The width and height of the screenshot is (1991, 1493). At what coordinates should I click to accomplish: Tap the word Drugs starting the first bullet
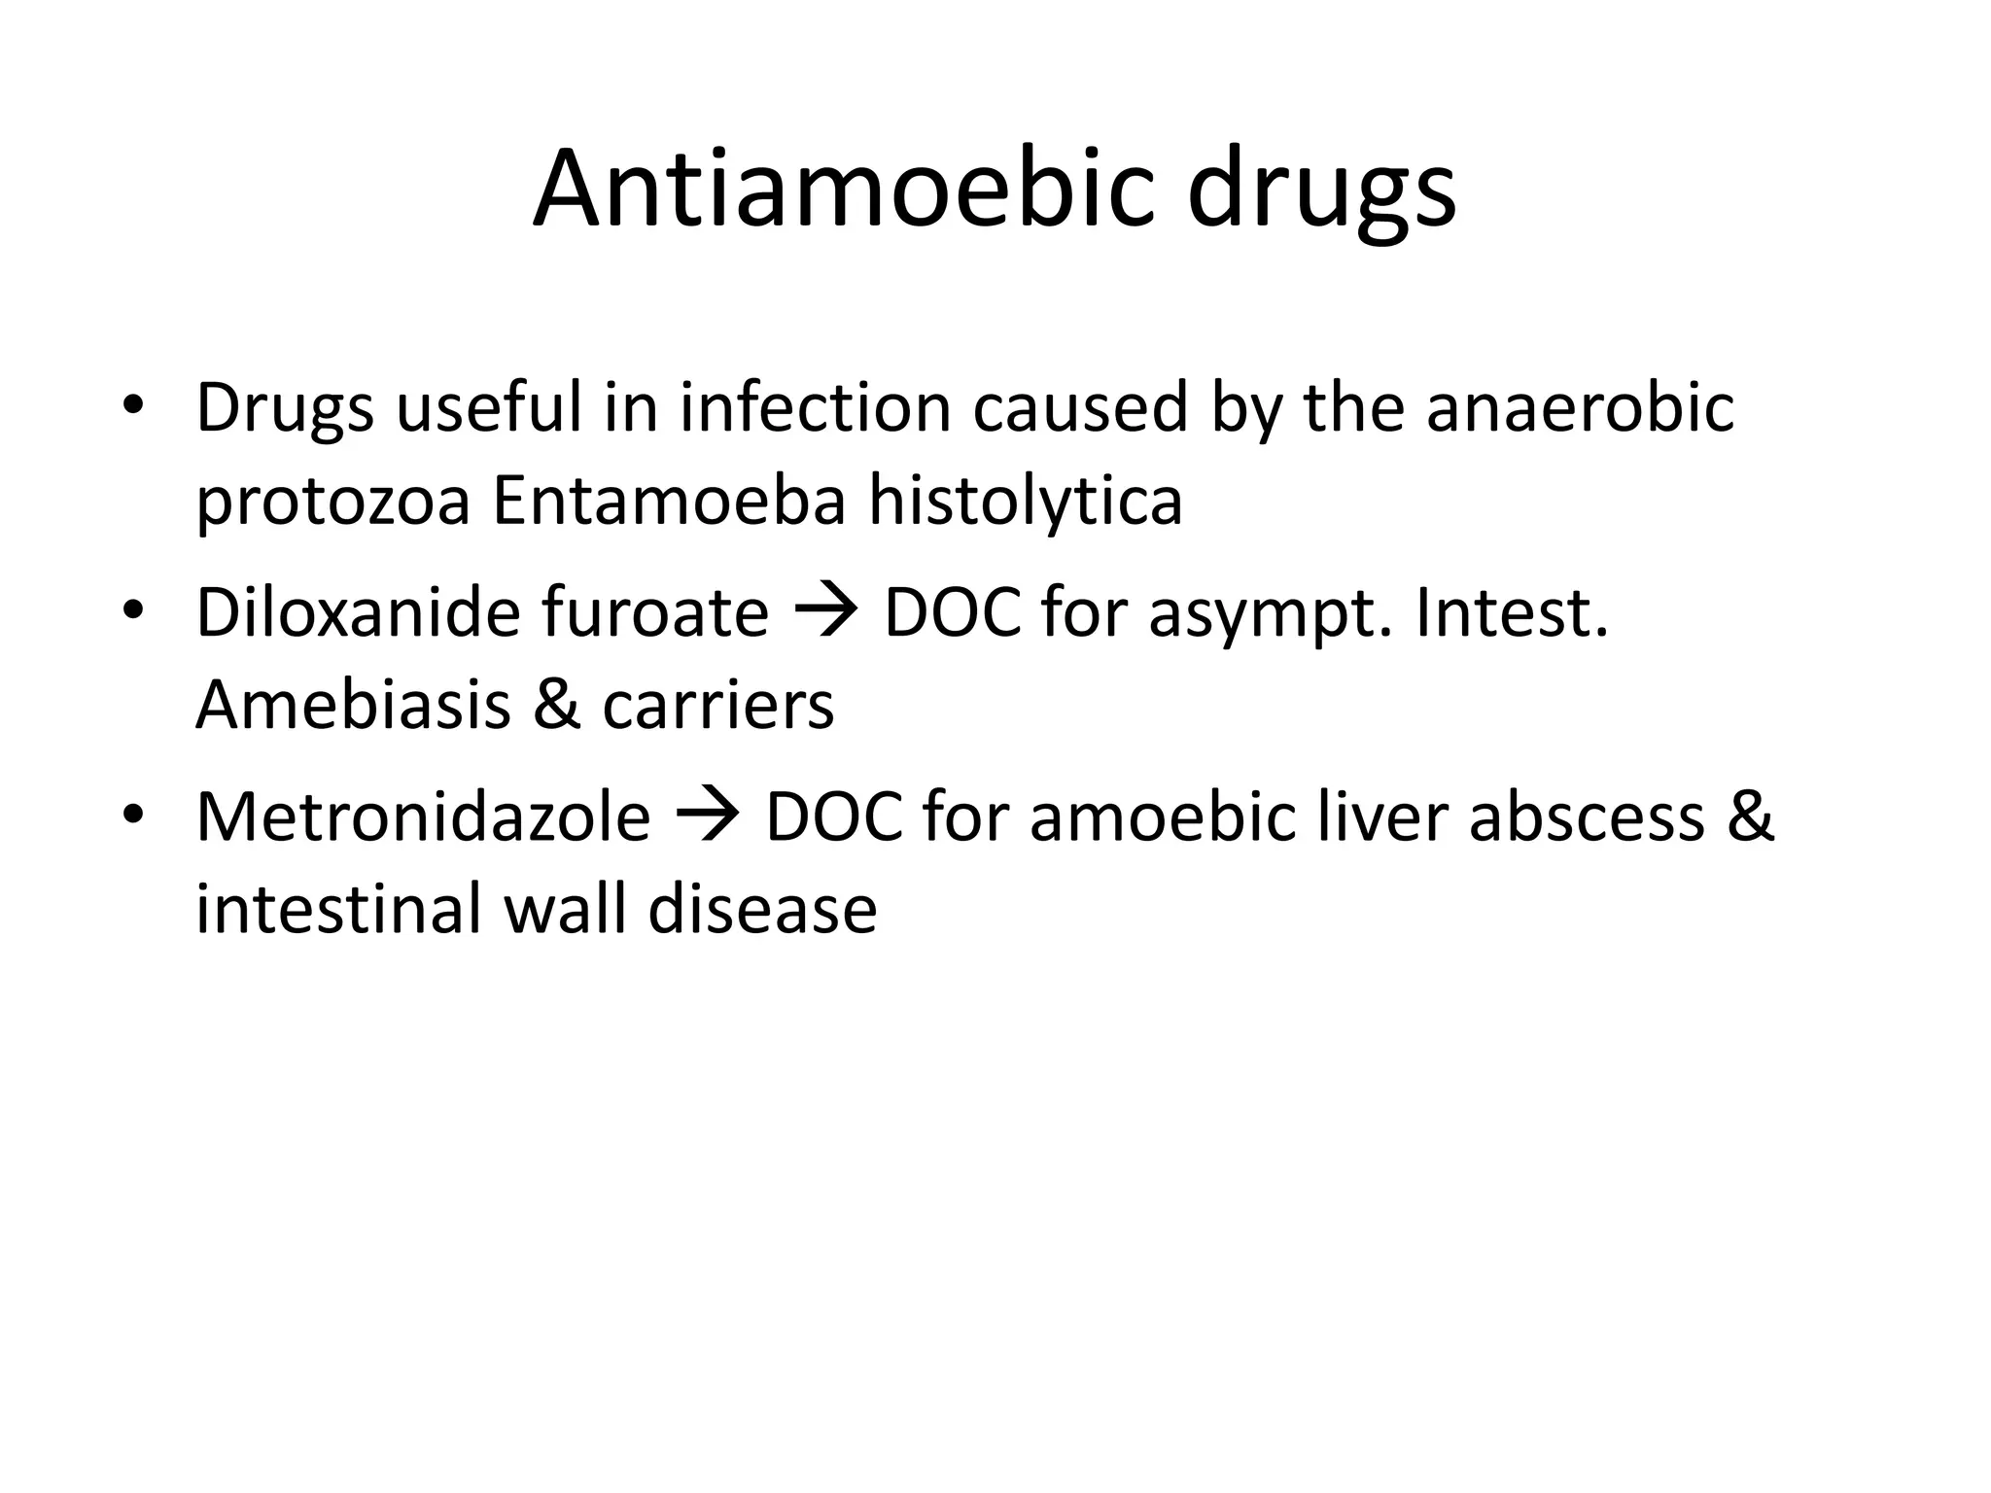[x=285, y=408]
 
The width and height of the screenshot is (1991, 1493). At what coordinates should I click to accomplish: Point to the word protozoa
[x=332, y=503]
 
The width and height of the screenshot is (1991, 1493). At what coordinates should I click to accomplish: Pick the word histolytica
[x=1025, y=502]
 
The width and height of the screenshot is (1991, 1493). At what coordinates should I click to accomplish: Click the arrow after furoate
[x=825, y=614]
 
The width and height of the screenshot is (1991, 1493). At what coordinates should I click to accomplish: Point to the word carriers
[x=717, y=707]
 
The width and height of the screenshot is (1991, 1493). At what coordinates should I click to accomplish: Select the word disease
[x=762, y=910]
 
